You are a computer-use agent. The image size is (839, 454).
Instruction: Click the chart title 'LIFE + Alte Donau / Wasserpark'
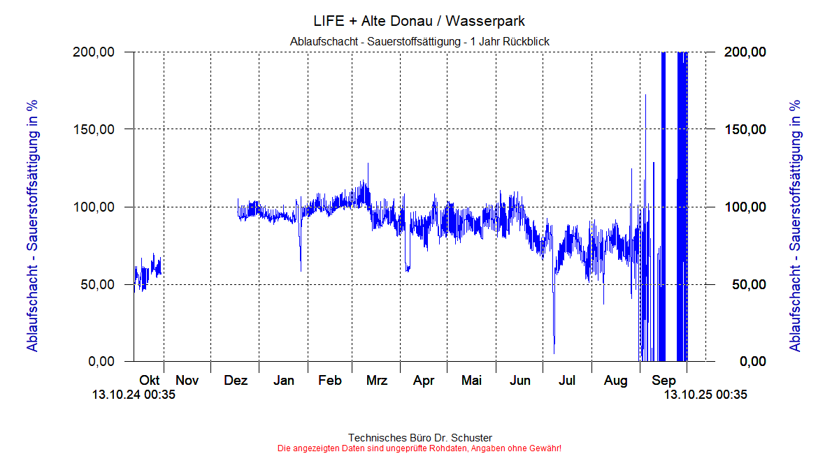point(419,21)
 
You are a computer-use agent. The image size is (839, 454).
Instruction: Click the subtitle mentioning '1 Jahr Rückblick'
point(419,42)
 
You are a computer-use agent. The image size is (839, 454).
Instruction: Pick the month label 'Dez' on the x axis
point(236,381)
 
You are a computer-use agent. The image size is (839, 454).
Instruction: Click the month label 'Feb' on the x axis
point(330,381)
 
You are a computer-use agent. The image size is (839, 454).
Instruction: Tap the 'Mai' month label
point(471,381)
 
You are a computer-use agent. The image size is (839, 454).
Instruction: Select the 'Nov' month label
point(187,381)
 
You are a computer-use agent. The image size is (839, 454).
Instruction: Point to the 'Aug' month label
point(616,381)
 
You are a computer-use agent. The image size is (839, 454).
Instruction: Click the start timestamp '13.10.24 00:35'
point(134,395)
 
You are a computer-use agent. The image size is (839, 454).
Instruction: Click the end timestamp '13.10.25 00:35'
point(705,395)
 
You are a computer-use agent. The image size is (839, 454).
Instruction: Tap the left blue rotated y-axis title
point(32,225)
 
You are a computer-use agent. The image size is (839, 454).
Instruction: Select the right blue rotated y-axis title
point(795,225)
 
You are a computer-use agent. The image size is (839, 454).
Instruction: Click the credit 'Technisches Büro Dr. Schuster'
point(419,438)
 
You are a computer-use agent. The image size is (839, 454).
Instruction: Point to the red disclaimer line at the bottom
point(419,448)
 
